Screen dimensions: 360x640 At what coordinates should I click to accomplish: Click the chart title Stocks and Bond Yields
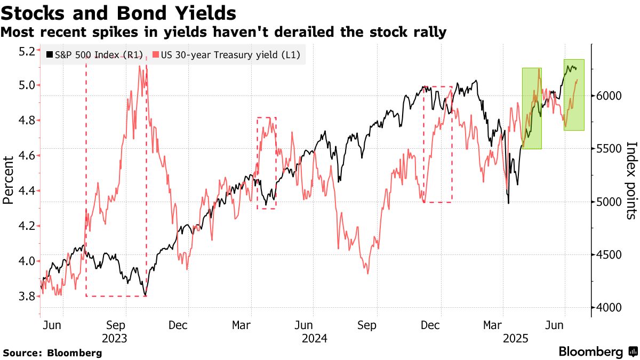coord(119,12)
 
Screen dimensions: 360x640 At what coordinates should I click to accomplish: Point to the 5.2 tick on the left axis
coord(27,51)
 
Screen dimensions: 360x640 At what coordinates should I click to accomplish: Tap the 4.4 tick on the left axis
coord(27,191)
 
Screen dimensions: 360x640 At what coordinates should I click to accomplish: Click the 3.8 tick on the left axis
coord(27,296)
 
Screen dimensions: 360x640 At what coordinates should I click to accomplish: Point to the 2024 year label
coord(314,338)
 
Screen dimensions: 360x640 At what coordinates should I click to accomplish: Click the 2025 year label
coord(515,338)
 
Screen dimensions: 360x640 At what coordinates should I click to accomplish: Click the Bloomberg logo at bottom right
coord(598,352)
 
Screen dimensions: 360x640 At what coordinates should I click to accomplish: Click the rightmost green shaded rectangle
coord(573,95)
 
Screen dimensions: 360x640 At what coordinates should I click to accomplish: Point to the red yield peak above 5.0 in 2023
coord(139,66)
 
